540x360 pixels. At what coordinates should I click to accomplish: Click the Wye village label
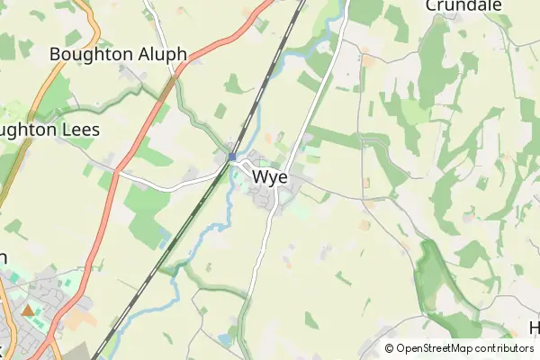tap(270, 177)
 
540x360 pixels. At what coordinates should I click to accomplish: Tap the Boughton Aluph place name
tap(118, 54)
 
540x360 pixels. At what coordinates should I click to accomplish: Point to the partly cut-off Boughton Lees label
tap(49, 130)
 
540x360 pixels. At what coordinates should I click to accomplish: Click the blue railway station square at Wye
tap(232, 157)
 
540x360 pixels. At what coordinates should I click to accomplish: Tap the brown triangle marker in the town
tap(28, 310)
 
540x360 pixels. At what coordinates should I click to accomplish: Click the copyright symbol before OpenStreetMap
tap(390, 348)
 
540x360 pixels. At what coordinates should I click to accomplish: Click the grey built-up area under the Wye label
tap(270, 202)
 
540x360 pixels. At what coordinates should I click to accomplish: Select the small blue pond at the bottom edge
tap(223, 338)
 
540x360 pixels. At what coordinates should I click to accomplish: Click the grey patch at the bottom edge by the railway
tap(81, 351)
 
